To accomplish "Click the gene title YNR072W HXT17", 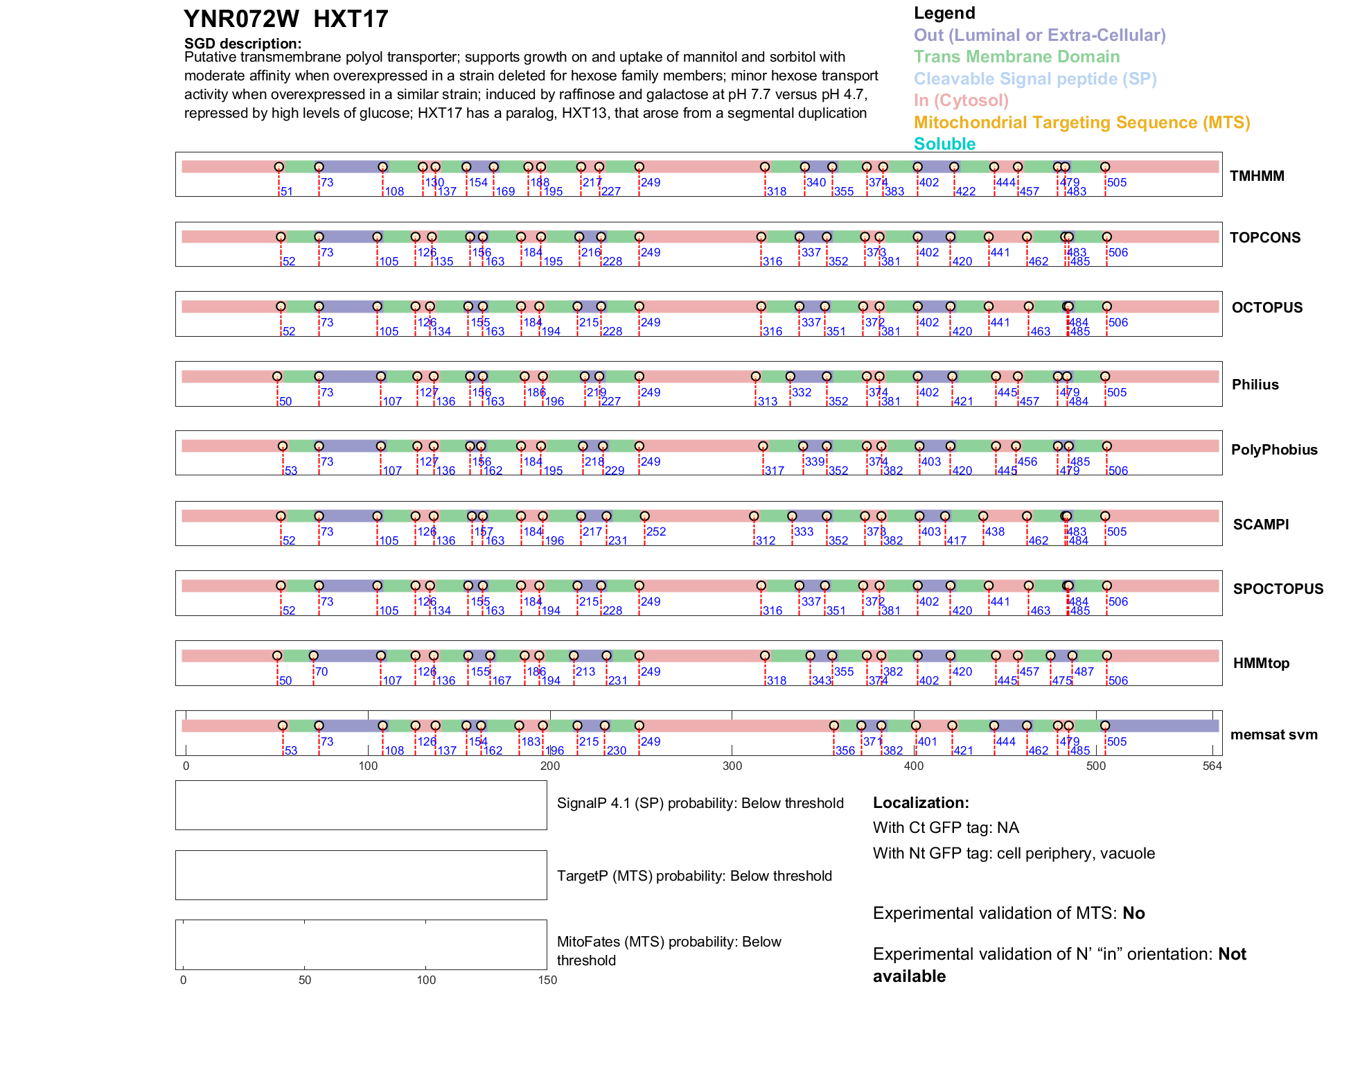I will point(285,19).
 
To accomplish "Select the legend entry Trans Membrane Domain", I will point(1016,57).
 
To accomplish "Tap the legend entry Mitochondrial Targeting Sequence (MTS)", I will point(1081,123).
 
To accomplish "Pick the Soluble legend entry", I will point(944,144).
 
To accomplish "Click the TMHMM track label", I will point(1257,176).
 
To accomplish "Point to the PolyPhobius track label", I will point(1273,450).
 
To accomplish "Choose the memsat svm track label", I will point(1273,735).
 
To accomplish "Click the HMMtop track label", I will point(1261,663).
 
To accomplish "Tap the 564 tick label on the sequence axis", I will point(1212,766).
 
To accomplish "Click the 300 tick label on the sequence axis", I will point(732,766).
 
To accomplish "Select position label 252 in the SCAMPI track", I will point(655,531).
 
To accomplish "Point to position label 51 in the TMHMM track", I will point(286,191).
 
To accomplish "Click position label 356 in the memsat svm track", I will point(845,750).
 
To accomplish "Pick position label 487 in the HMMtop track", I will point(1084,671).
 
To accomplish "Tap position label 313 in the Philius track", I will point(767,401).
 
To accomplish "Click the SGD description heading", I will point(242,44).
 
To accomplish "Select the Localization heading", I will point(921,803).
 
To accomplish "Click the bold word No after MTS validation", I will point(1133,913).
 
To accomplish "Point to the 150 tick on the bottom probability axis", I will point(547,980).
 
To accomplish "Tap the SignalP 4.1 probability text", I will point(700,803).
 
